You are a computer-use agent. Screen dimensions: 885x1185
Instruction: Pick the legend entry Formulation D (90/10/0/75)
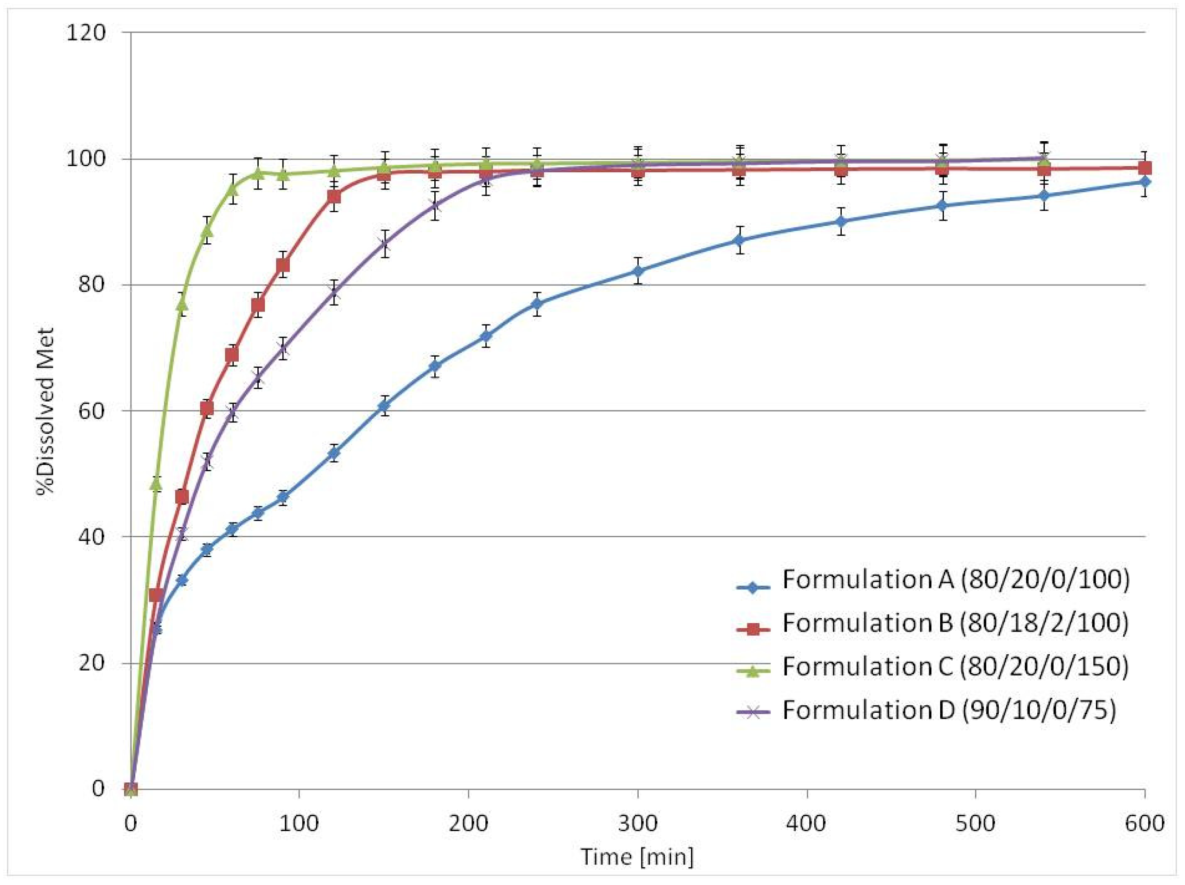click(x=949, y=710)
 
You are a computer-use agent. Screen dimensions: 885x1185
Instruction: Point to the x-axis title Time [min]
click(x=636, y=857)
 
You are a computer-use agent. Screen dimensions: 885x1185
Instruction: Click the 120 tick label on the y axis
click(x=86, y=33)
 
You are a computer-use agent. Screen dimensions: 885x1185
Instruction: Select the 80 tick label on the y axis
click(x=92, y=285)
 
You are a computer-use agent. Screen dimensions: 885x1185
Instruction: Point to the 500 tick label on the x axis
click(x=975, y=823)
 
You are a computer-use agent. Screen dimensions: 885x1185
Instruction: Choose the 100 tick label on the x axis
click(x=299, y=823)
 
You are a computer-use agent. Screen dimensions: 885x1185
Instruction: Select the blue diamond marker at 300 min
click(x=637, y=271)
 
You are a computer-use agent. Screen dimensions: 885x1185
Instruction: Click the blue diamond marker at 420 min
click(x=840, y=221)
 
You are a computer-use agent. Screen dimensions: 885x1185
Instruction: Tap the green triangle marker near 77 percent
click(x=182, y=304)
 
